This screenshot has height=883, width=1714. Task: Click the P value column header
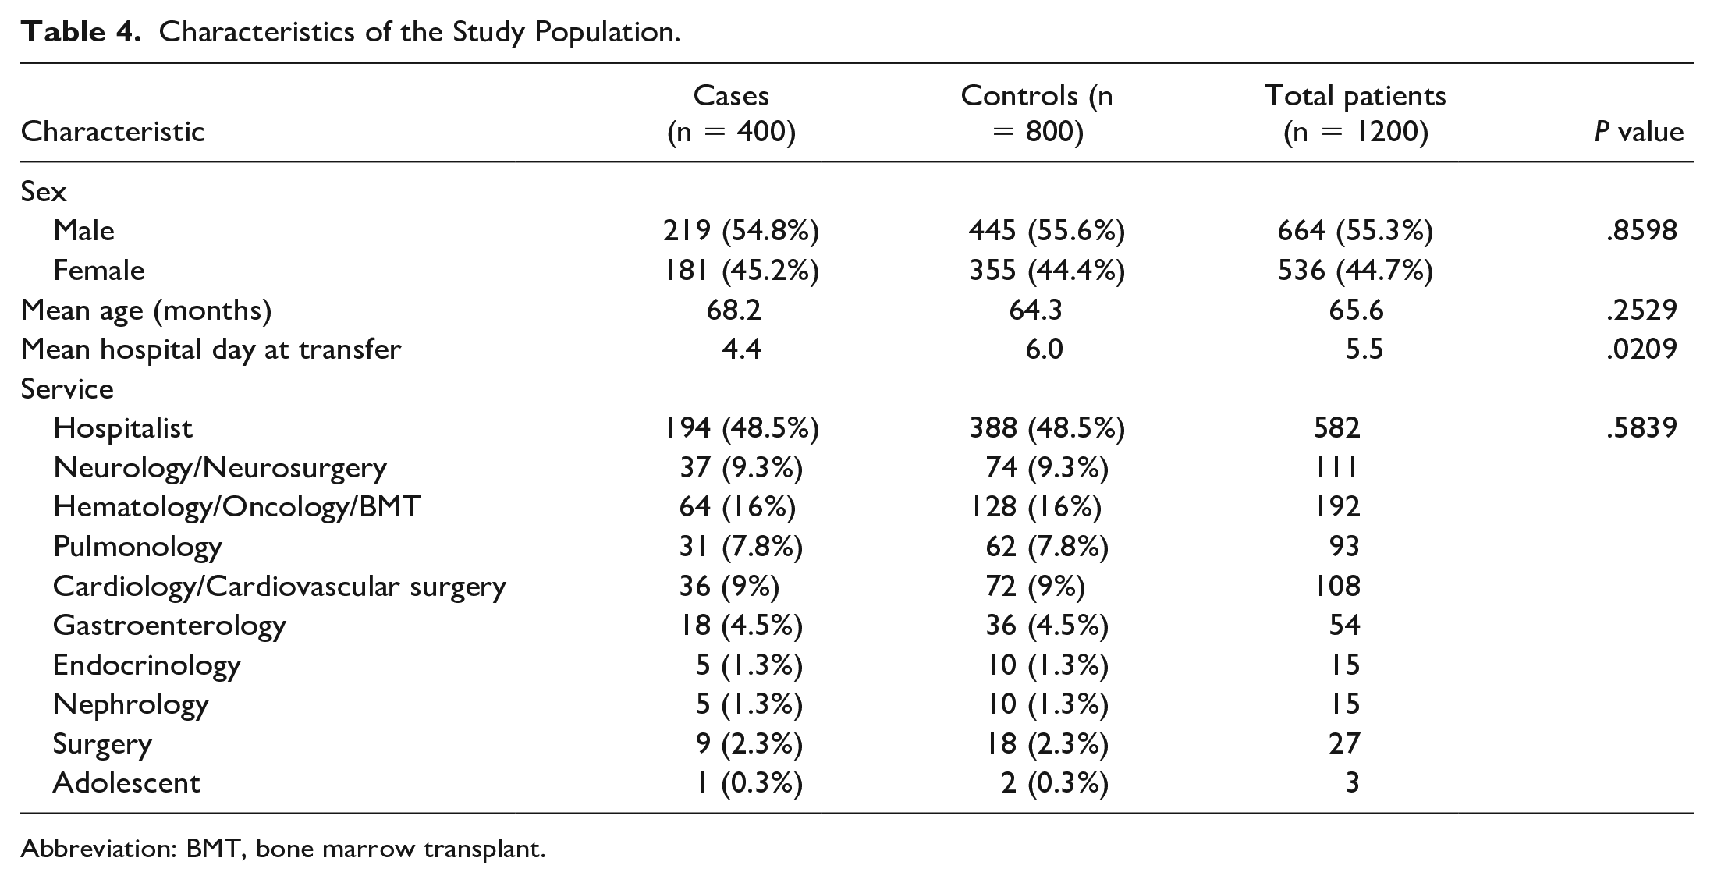1638,131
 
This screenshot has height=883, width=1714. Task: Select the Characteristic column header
112,131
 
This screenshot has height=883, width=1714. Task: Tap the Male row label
83,230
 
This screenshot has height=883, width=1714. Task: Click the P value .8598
1641,230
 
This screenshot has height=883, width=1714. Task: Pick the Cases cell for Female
741,270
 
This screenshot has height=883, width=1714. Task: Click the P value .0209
1641,349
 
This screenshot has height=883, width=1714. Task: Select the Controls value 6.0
1044,349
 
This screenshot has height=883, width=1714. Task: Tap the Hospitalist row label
122,427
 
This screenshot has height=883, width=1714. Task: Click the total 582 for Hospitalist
1336,427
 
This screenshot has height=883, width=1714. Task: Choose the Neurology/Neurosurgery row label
220,467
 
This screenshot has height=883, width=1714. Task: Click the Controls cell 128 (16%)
1035,507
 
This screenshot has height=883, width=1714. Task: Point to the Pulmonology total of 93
1344,546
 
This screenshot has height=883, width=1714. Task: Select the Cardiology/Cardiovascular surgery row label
279,586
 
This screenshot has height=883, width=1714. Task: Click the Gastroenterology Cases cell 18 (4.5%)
741,625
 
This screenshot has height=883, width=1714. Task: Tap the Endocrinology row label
147,665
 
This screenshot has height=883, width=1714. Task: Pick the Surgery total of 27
1344,743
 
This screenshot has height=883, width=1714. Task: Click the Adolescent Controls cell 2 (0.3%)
1054,782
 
